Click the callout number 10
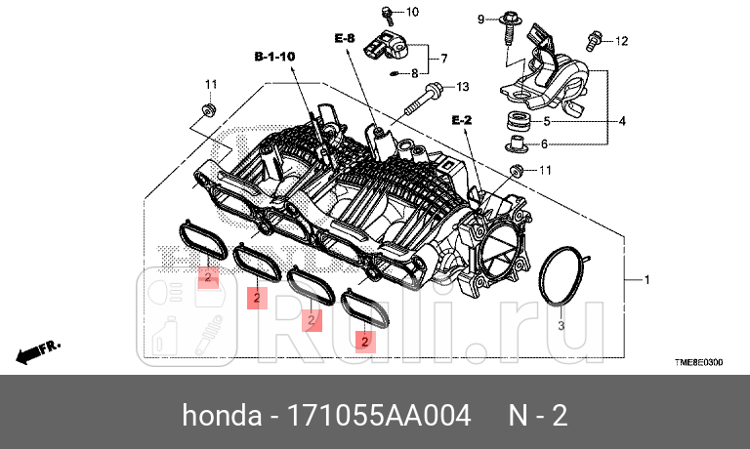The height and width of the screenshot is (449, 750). (x=411, y=13)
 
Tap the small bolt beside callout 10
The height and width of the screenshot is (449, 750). (x=387, y=14)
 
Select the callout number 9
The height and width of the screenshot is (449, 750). (x=480, y=19)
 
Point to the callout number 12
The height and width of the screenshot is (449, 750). (x=621, y=41)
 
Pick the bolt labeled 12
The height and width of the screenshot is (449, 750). (x=593, y=40)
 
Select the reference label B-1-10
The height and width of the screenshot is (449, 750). (x=274, y=58)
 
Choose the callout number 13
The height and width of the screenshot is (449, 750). (x=463, y=86)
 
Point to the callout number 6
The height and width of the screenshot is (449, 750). (x=546, y=143)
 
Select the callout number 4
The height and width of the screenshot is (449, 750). (x=622, y=122)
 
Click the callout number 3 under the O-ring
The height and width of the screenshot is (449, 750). (x=561, y=324)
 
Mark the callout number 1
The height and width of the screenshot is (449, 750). (x=645, y=279)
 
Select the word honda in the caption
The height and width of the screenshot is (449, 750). (x=218, y=416)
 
